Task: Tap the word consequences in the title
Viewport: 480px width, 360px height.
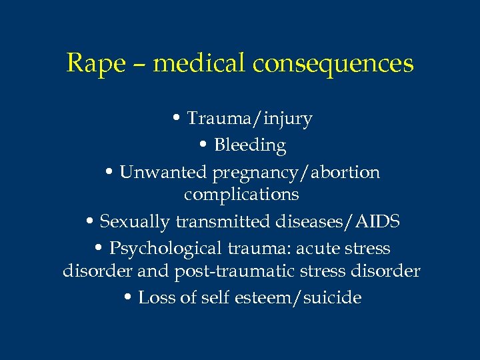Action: (x=333, y=64)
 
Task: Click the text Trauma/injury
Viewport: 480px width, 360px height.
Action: (x=249, y=119)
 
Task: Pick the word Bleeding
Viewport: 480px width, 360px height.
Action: (x=251, y=145)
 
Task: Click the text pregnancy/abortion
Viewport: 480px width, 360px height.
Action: (x=296, y=173)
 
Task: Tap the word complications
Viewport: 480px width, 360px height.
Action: (x=241, y=195)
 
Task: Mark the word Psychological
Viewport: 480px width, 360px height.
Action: (x=169, y=249)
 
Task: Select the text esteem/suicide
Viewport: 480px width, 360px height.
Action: (x=298, y=298)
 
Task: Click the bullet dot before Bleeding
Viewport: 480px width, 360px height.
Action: (x=203, y=145)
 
